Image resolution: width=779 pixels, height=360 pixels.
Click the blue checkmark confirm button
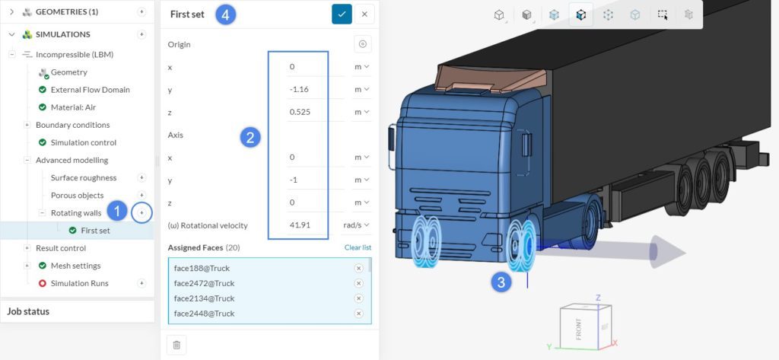coord(342,14)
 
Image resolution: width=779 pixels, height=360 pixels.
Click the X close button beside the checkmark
coord(364,14)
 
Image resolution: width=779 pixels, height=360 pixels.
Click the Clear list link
coord(358,247)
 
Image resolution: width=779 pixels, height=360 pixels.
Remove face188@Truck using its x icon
coord(358,268)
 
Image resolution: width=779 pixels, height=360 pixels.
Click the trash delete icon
coord(176,345)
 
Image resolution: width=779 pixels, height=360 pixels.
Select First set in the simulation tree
coord(95,230)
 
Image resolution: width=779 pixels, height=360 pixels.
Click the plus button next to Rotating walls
coord(141,212)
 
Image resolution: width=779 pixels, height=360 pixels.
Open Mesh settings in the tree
coord(75,266)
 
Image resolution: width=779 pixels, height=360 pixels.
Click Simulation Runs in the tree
coord(79,283)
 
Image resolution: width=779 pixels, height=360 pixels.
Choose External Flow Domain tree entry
coord(90,90)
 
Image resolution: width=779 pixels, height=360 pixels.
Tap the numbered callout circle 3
coord(500,282)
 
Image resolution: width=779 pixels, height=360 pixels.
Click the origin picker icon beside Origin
coord(362,44)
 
